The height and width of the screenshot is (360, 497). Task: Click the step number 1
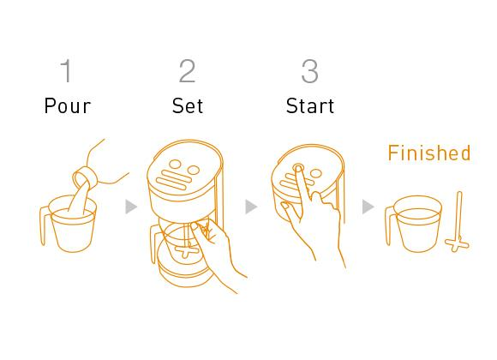[67, 71]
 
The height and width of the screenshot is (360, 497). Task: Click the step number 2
[187, 71]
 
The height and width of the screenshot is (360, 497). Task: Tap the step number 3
[309, 71]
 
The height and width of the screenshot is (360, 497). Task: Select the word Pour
[68, 105]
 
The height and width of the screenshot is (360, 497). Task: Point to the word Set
[188, 105]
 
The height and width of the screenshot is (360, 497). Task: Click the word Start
[310, 105]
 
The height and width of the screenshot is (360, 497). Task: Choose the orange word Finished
[429, 153]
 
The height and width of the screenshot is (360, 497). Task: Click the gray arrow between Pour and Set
[131, 207]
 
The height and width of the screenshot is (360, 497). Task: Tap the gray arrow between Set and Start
[251, 207]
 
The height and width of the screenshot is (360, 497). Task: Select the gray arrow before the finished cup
[368, 207]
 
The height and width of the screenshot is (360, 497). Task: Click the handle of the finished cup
[388, 225]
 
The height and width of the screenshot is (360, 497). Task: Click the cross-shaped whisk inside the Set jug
[187, 251]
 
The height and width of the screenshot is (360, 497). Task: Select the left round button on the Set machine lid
[175, 165]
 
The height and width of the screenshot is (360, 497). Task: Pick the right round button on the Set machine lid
[193, 171]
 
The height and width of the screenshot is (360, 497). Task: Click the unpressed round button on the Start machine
[315, 173]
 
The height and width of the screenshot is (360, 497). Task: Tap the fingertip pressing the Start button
[298, 167]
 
